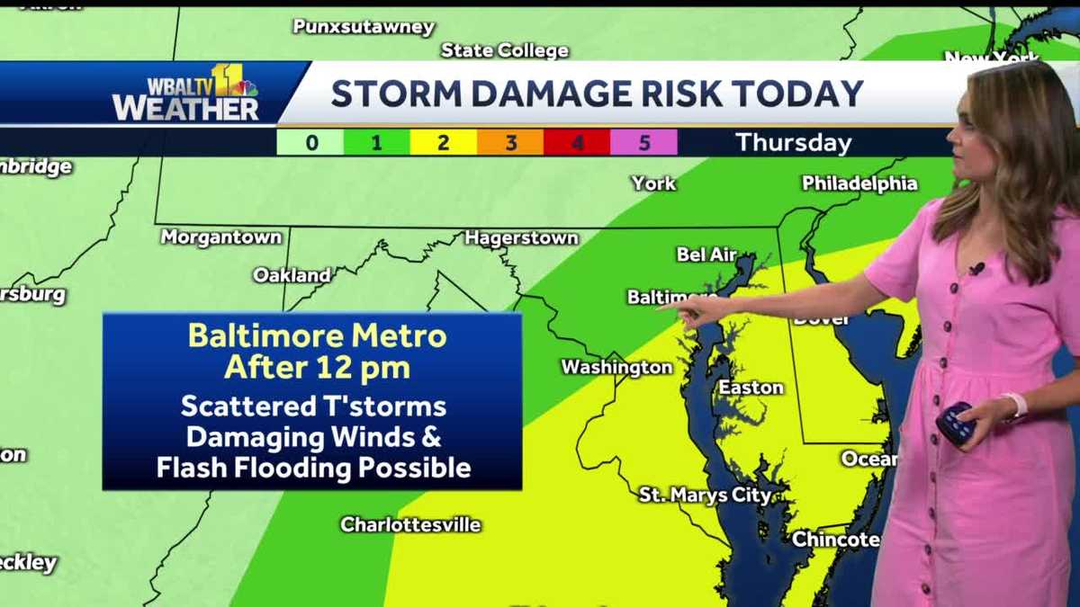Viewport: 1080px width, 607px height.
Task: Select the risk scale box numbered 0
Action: (310, 142)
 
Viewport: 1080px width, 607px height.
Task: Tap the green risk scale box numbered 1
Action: (376, 142)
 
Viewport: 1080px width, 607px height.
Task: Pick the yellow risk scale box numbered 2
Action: (443, 142)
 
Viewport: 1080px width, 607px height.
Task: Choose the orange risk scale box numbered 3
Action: (510, 142)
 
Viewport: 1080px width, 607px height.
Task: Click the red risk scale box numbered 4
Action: (577, 142)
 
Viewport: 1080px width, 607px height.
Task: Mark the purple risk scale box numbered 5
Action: (643, 142)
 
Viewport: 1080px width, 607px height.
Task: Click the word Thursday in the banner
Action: (793, 142)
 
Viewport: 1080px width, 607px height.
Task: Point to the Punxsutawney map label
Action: (364, 27)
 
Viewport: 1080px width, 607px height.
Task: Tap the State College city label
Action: (504, 50)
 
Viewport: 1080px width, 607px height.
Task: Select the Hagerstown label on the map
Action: (521, 238)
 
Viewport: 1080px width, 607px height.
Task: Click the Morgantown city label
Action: (221, 237)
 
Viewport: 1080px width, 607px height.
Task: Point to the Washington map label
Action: (616, 367)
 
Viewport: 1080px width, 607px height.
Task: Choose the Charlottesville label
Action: (410, 524)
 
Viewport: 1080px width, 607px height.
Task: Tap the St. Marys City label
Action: (705, 495)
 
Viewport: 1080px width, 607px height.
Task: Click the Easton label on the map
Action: (751, 388)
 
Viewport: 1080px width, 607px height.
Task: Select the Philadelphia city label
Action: (859, 183)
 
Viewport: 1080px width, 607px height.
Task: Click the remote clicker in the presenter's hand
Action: (955, 422)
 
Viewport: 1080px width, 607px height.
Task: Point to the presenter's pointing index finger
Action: (670, 308)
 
